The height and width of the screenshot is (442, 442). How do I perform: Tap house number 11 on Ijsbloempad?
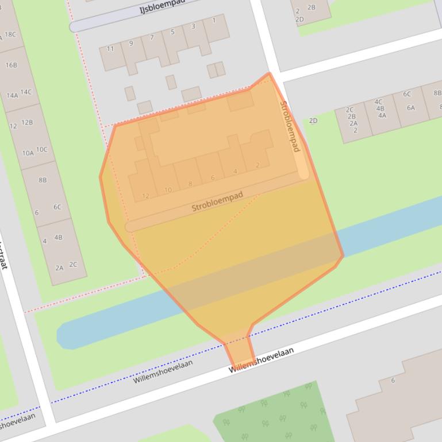tap(110, 49)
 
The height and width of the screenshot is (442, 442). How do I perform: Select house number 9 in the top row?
tap(131, 43)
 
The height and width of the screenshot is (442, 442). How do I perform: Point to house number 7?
tap(152, 38)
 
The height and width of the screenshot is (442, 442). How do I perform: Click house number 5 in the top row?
tap(172, 32)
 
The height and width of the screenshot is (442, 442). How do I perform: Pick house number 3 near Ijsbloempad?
tap(193, 26)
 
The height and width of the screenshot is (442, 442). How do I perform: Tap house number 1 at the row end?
tap(214, 21)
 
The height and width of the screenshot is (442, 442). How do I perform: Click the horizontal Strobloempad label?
tap(217, 201)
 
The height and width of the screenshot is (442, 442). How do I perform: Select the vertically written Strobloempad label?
tap(290, 126)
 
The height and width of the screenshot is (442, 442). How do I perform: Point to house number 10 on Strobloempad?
tap(168, 190)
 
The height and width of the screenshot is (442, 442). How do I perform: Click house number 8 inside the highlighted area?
tap(190, 184)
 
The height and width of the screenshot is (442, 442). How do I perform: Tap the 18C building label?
tap(10, 34)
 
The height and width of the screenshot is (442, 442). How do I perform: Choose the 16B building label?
tap(11, 65)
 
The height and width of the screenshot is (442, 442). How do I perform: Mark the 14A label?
tap(13, 96)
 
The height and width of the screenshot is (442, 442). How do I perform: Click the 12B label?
tap(27, 122)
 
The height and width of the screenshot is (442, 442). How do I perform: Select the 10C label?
tap(41, 150)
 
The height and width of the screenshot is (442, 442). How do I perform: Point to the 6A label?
tap(410, 107)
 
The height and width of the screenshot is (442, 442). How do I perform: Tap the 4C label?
tap(378, 102)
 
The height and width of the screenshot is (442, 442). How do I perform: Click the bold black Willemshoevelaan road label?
tap(262, 360)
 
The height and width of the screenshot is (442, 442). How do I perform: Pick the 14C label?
tap(26, 92)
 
